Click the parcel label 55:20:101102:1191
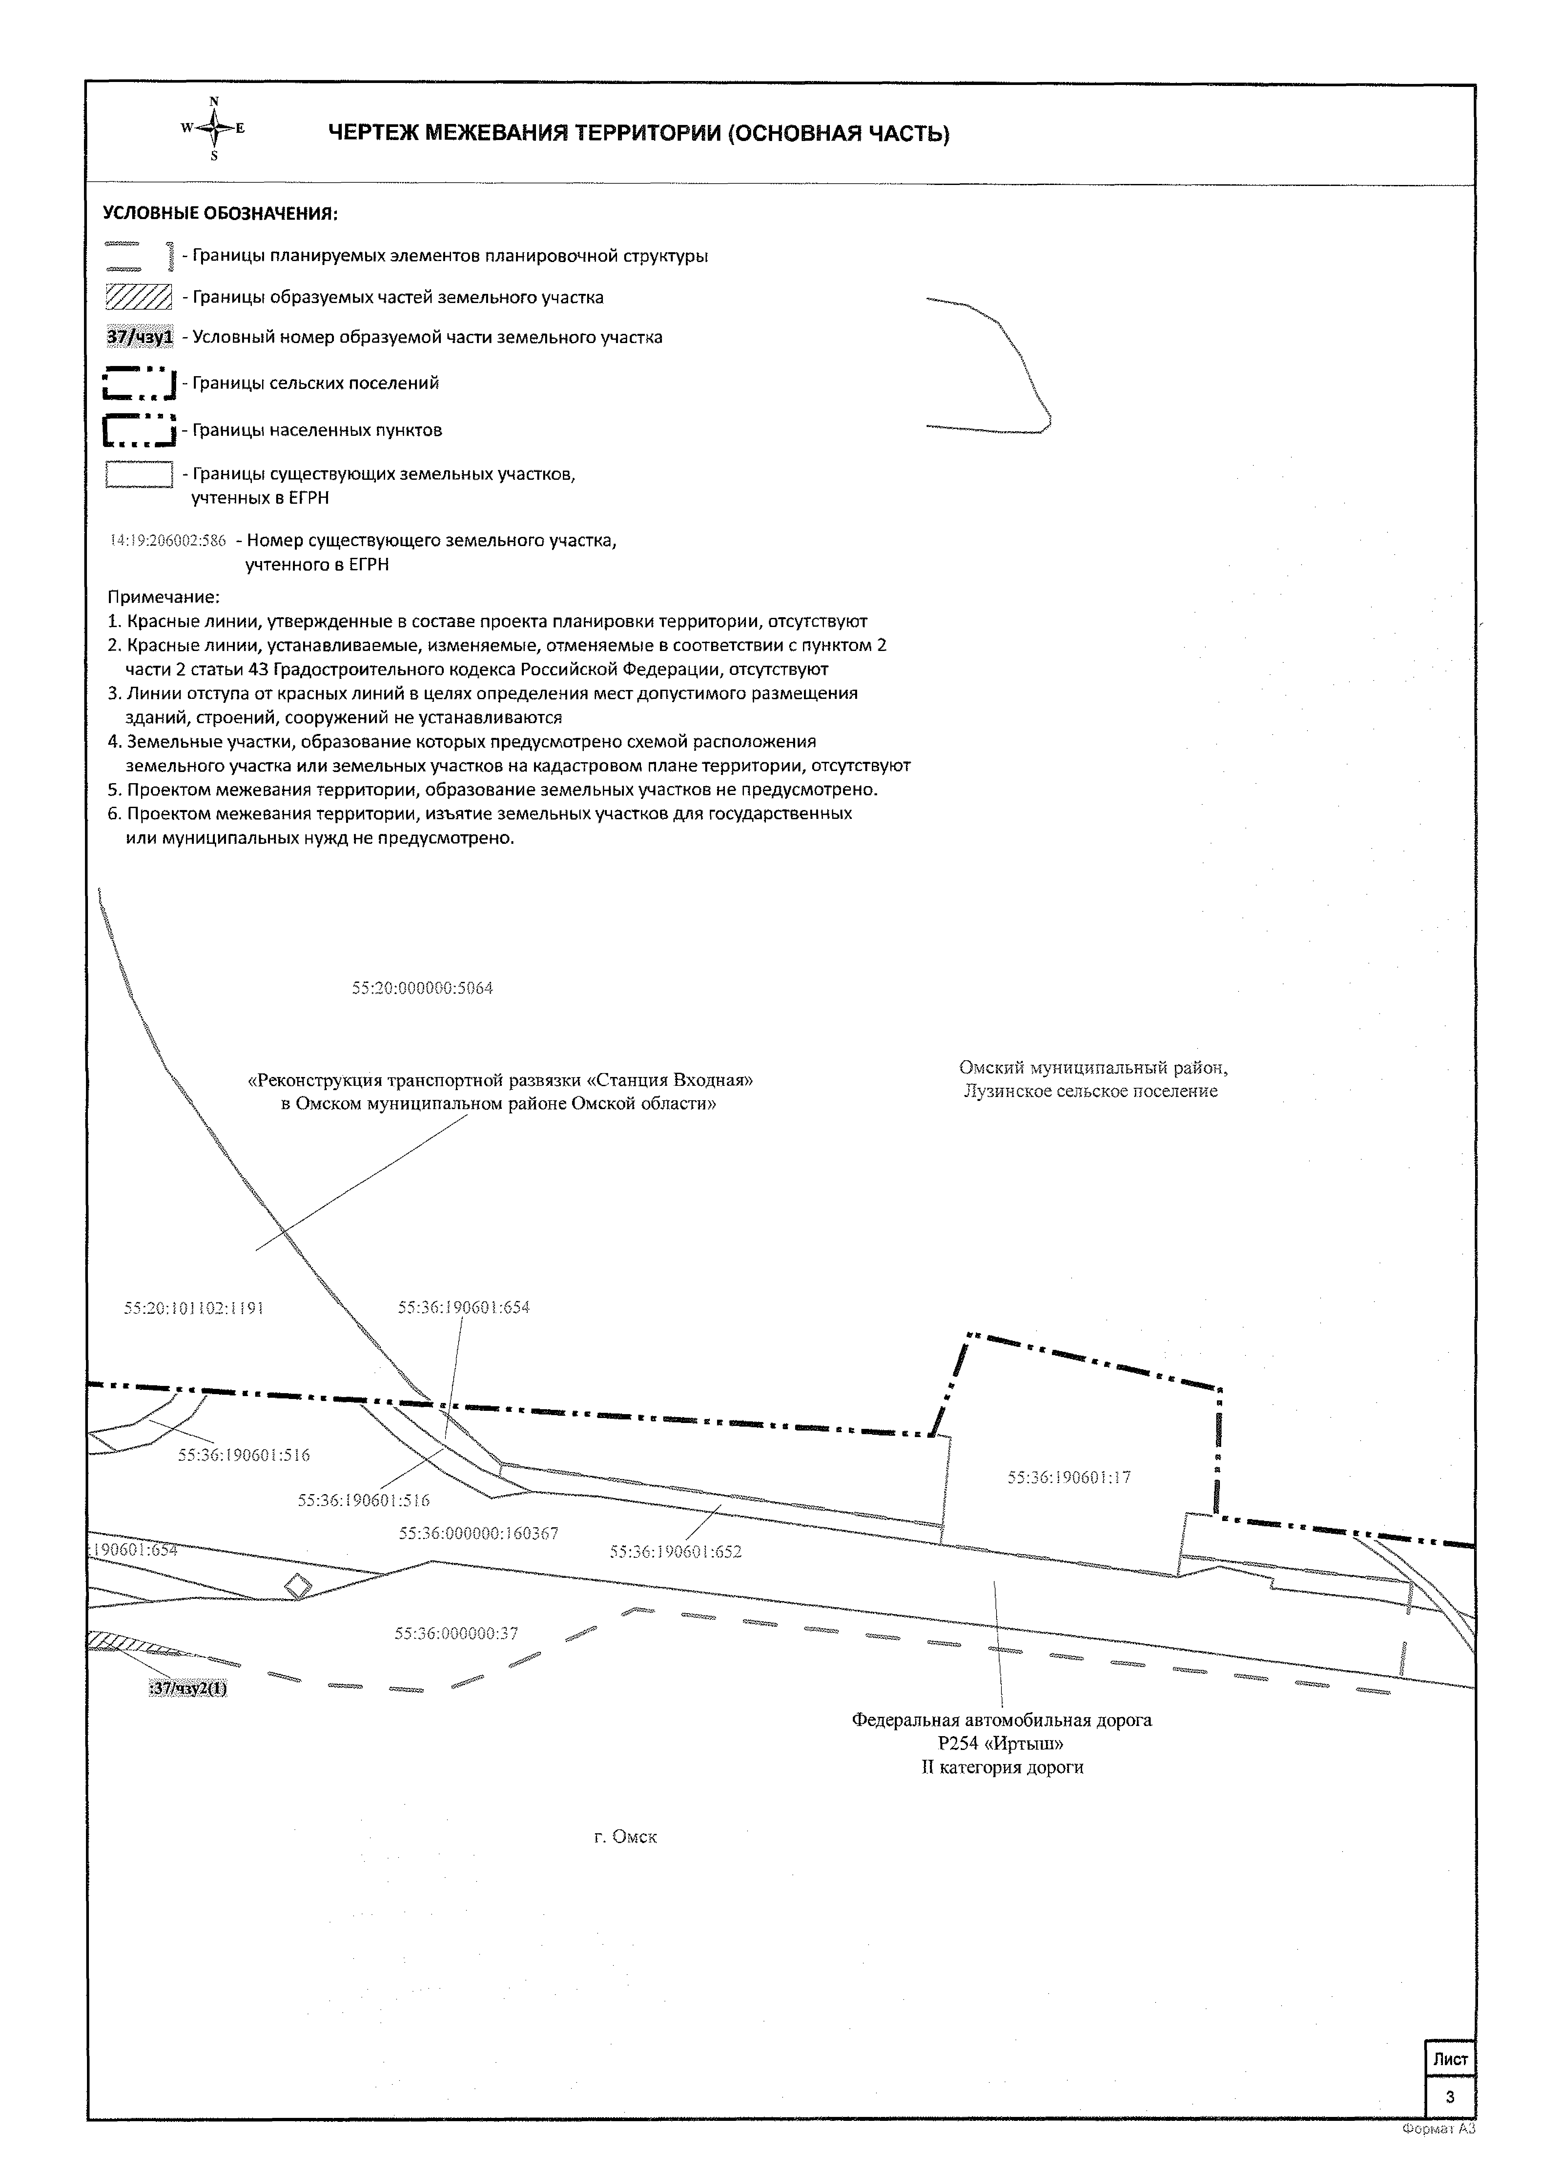[x=194, y=1308]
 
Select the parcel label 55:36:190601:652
[x=676, y=1552]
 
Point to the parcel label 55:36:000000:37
[x=456, y=1633]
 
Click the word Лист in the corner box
[x=1450, y=2059]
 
